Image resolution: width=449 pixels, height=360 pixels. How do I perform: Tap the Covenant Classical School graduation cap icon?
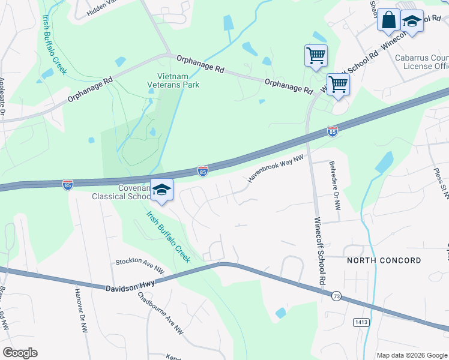click(161, 190)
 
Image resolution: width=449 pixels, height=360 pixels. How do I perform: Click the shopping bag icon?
click(388, 20)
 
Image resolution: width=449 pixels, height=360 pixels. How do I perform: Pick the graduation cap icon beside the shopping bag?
click(411, 22)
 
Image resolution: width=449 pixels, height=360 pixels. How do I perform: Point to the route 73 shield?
click(336, 296)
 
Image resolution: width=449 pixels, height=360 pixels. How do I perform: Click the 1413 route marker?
click(361, 322)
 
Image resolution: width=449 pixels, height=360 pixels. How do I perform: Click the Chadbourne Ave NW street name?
click(160, 312)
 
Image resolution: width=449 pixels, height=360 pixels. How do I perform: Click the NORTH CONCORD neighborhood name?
click(384, 261)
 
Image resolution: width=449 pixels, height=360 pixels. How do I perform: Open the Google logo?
click(20, 353)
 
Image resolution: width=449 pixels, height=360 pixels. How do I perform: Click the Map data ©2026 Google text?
click(411, 355)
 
